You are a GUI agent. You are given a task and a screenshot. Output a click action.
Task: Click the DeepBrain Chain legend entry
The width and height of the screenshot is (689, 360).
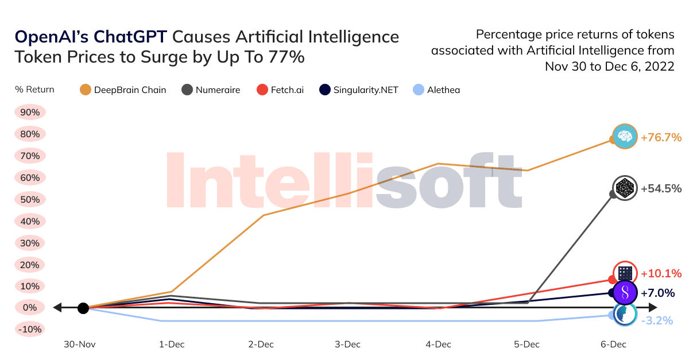[123, 90]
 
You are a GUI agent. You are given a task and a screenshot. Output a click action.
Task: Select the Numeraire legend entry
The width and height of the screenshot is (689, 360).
[211, 90]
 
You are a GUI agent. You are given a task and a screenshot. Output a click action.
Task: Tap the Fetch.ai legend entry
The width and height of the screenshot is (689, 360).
[280, 90]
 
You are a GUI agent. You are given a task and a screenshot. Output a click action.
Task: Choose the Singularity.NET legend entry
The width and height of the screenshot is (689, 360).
[359, 90]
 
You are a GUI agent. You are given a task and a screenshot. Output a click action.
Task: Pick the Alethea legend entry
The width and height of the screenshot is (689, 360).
[436, 90]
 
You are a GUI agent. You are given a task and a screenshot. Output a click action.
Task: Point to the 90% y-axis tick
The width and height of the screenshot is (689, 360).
[30, 113]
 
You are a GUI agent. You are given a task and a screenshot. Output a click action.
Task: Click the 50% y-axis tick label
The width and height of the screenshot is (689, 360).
[30, 200]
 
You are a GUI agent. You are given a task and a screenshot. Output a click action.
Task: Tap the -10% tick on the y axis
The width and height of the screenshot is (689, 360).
[30, 330]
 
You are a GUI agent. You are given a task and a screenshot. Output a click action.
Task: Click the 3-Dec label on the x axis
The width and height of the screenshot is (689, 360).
[348, 344]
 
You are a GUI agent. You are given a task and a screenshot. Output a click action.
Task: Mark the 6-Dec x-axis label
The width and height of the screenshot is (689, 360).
[614, 344]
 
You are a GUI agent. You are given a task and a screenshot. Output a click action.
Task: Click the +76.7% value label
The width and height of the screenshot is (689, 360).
[661, 138]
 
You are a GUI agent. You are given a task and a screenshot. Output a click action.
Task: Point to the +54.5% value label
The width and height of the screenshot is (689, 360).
[661, 188]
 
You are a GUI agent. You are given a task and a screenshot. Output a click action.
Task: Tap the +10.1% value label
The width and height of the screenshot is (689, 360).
[661, 273]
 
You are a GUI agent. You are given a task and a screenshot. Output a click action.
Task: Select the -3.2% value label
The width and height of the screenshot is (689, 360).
[656, 321]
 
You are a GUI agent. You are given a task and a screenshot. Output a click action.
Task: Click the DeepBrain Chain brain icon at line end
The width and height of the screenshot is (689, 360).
[625, 136]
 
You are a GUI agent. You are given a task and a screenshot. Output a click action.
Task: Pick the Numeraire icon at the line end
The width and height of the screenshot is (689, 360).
[625, 188]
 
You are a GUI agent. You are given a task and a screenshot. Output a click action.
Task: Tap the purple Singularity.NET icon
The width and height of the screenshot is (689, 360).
[625, 293]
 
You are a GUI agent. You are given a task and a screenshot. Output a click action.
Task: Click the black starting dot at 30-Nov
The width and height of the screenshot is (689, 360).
[83, 308]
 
